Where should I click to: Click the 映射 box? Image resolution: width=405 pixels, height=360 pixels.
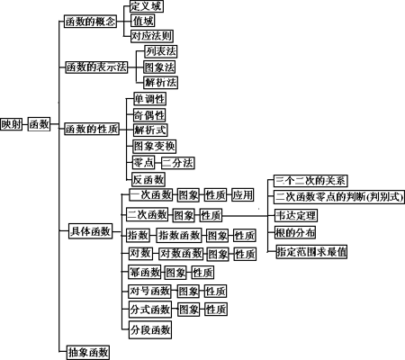pos(11,124)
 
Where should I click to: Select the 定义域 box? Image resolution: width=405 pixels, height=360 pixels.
pos(147,6)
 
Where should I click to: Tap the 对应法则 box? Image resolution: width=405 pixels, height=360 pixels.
pos(152,36)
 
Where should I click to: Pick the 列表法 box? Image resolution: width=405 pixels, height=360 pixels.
pos(161,51)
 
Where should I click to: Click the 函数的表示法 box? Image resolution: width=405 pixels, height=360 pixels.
pos(96,67)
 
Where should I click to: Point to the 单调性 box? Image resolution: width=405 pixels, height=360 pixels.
pos(149,99)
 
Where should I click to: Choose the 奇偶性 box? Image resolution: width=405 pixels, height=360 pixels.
pos(149,115)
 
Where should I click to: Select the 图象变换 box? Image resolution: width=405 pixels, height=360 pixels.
pos(155,147)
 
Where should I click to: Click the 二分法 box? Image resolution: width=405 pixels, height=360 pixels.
pos(178,163)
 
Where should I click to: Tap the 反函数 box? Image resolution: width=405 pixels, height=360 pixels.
pos(148,179)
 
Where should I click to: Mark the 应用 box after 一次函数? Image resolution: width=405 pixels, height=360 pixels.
pos(243,195)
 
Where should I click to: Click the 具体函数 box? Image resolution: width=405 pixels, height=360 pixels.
pos(90,231)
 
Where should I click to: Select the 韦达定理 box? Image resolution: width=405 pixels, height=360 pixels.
pos(296,215)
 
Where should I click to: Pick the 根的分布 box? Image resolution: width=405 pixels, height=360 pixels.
pos(295,232)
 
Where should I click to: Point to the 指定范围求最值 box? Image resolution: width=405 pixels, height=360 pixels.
pos(311,252)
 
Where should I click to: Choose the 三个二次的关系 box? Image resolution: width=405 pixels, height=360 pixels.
pos(310,181)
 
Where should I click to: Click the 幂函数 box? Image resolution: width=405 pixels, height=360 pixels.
pos(144,272)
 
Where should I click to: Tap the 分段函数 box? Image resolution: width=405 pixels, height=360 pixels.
pos(150,329)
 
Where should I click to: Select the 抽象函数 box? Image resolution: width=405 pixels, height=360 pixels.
pos(88,352)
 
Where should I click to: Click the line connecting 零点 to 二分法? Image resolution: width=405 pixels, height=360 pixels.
pos(158,163)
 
